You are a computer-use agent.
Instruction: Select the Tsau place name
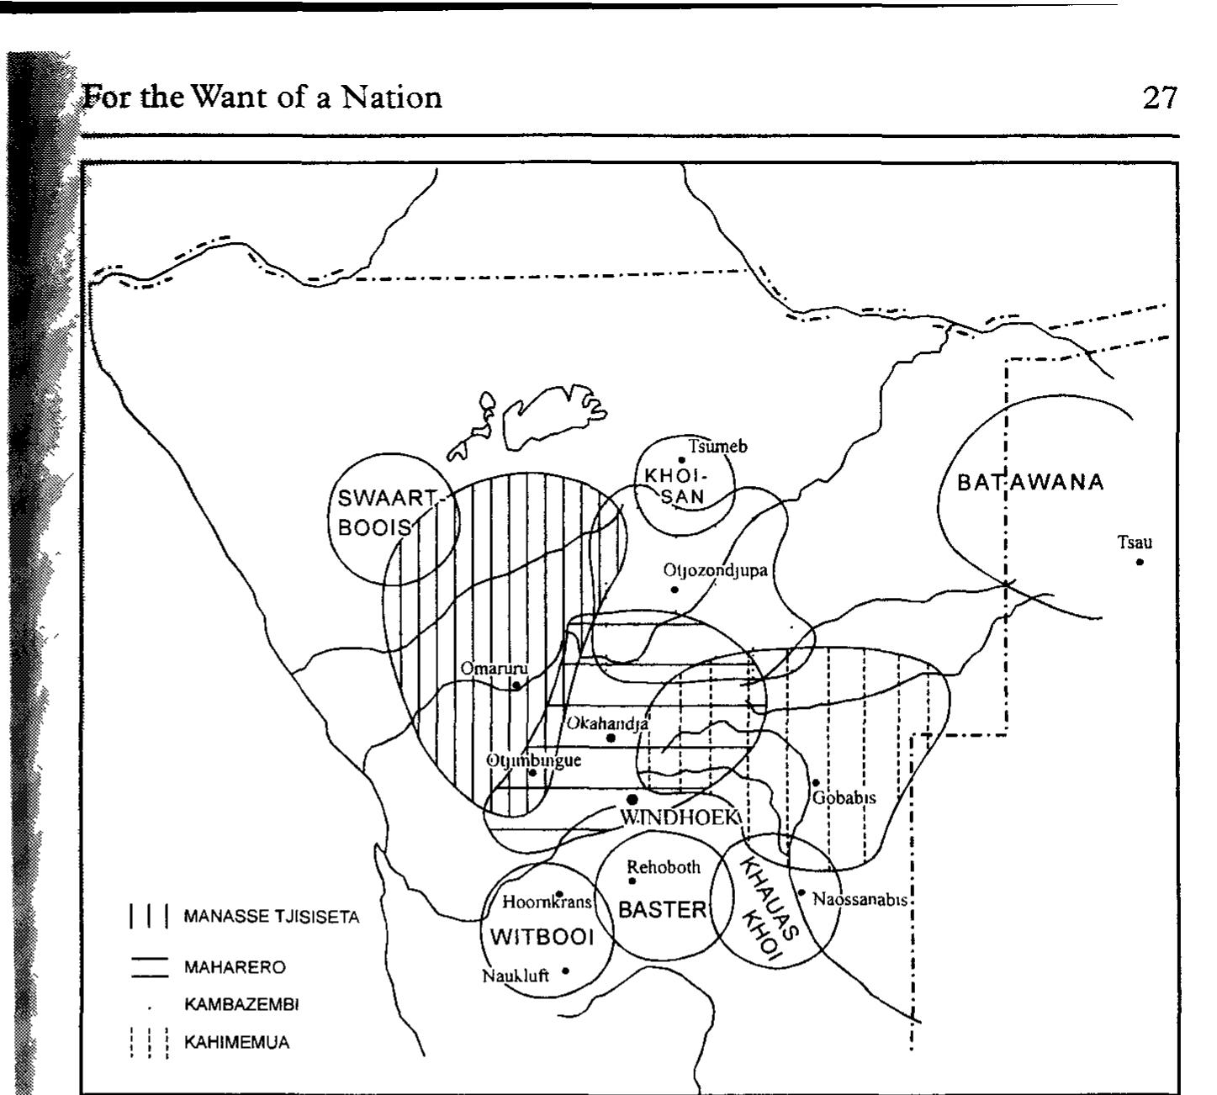[1135, 542]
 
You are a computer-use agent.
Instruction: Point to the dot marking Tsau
[1140, 562]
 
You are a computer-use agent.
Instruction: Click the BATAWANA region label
[1030, 483]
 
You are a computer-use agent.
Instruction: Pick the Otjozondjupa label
[715, 571]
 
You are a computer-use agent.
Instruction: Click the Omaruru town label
[494, 669]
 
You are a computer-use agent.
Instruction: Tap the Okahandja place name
[606, 723]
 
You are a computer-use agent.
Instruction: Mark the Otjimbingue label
[534, 760]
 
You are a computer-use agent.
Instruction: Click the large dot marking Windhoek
[632, 799]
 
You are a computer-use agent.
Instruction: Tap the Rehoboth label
[664, 867]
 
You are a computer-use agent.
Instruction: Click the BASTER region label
[663, 909]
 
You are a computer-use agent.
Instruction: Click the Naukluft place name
[516, 976]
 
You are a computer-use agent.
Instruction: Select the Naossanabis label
[860, 899]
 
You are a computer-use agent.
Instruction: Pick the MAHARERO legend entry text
[235, 967]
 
